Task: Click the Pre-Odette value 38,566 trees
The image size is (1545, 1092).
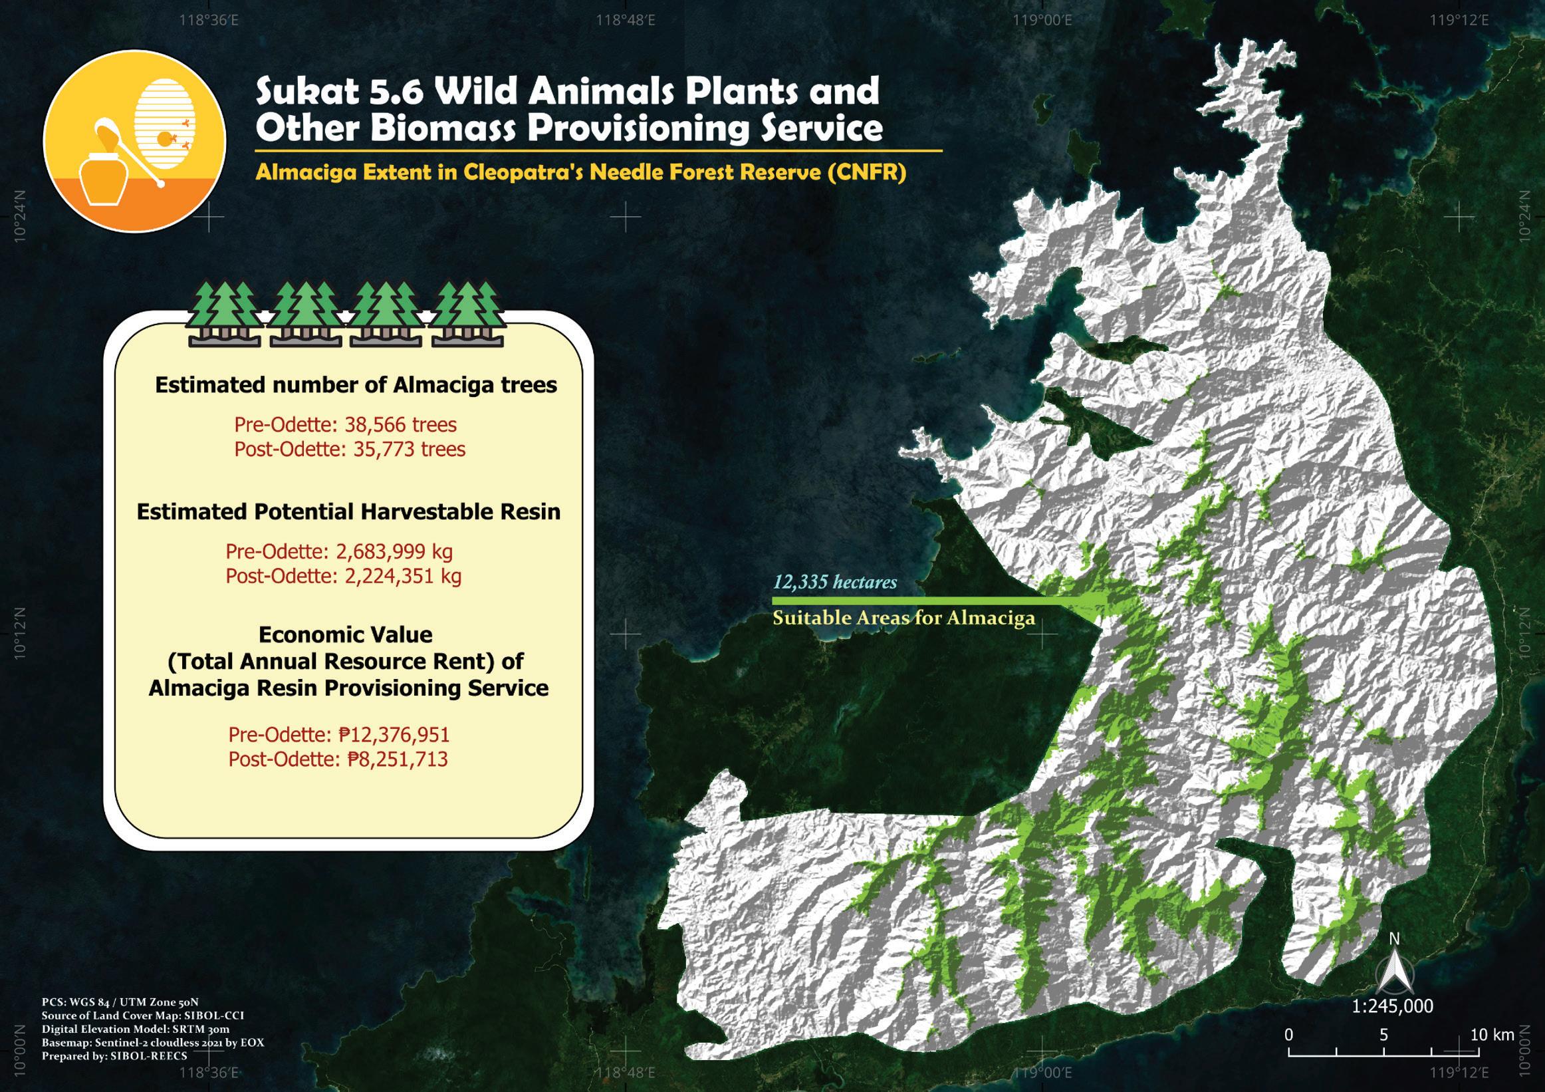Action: coord(345,425)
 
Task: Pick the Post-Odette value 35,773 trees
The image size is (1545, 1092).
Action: coord(349,449)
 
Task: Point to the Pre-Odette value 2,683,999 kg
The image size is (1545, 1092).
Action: coord(338,551)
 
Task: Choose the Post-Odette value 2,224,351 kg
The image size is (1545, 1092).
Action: coord(343,577)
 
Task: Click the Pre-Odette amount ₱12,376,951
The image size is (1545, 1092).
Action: coord(338,734)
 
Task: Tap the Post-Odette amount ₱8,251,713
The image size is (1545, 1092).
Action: coord(338,759)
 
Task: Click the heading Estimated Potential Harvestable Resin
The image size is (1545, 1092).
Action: coord(348,511)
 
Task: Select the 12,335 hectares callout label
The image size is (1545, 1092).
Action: coord(834,583)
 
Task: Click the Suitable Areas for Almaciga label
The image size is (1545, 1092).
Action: coord(903,618)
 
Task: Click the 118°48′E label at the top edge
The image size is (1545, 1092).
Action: coord(626,19)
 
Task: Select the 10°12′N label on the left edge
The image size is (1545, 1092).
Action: coord(19,632)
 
